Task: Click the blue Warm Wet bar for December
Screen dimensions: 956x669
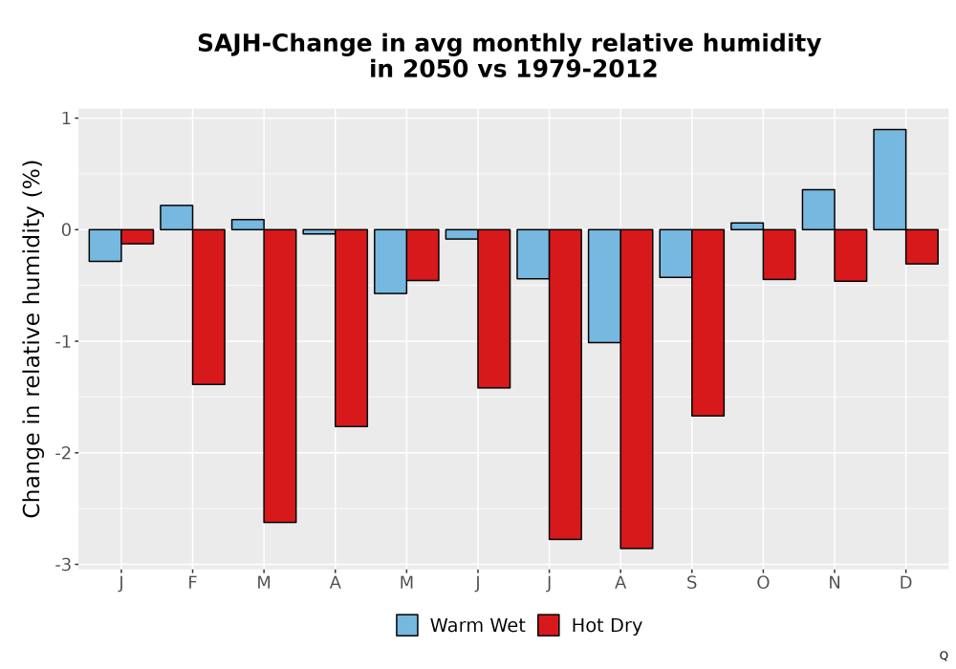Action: [x=889, y=179]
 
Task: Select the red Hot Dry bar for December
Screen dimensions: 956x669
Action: [x=922, y=247]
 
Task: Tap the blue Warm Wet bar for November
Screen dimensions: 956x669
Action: [x=818, y=209]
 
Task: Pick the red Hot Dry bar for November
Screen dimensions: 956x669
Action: [x=851, y=255]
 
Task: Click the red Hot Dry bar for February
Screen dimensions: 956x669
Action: [x=208, y=307]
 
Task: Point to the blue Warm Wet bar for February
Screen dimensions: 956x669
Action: [x=176, y=218]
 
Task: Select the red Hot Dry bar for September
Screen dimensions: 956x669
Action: [x=707, y=323]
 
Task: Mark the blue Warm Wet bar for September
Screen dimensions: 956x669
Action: [x=676, y=253]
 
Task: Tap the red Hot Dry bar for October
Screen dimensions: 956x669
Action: [x=779, y=254]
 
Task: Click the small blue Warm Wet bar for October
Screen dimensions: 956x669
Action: [x=747, y=227]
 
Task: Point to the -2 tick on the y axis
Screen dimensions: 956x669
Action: [x=76, y=453]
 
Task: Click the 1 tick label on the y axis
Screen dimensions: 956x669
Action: [x=65, y=119]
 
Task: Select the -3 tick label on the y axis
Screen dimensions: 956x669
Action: [x=63, y=565]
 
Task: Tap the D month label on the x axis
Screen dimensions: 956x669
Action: [x=905, y=583]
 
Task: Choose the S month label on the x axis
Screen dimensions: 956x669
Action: [x=691, y=583]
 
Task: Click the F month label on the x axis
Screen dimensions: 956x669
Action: [x=192, y=583]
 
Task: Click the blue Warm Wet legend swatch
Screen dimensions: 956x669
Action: [x=406, y=625]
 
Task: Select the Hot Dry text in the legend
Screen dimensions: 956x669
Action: [x=607, y=626]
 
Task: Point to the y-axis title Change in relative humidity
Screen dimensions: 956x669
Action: [x=33, y=338]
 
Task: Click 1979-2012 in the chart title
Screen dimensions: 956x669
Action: [x=586, y=69]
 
